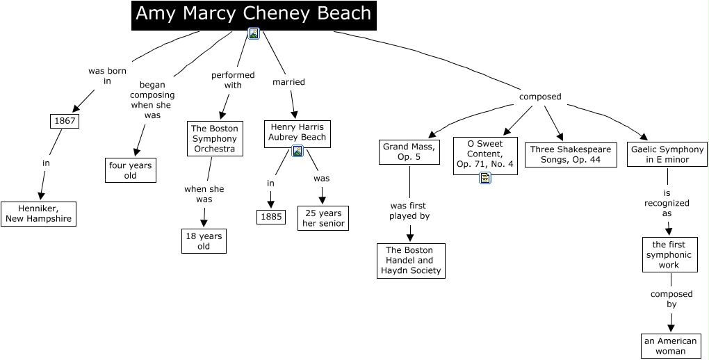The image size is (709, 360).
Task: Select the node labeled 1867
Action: pos(65,122)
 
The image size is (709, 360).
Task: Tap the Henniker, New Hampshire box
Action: pos(38,213)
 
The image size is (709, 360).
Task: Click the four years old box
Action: pos(131,170)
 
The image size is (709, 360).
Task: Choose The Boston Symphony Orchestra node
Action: pos(215,138)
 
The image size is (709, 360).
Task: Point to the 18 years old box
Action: pos(204,241)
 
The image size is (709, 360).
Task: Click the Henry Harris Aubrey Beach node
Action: pos(298,132)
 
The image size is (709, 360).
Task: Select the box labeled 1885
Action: pos(270,217)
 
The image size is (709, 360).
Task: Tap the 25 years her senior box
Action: pos(323,218)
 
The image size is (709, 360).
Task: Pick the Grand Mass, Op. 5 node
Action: pos(409,152)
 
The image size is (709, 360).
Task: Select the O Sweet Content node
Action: pos(485,154)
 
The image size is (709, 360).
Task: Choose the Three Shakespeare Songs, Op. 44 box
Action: pos(571,154)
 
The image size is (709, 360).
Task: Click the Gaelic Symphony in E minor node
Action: pos(667,154)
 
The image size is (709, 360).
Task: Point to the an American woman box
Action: pos(670,345)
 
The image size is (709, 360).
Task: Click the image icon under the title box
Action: pos(254,33)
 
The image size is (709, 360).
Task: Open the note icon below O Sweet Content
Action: pos(485,178)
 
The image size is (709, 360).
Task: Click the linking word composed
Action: pos(539,97)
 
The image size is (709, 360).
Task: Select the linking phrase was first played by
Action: pos(409,211)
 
